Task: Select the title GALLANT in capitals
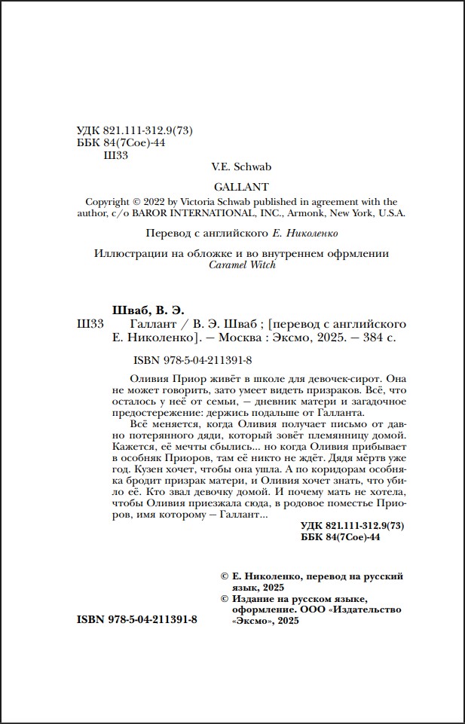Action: click(241, 186)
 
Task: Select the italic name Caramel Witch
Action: click(241, 265)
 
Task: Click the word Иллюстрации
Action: click(129, 254)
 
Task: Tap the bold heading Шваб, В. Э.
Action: click(147, 310)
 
